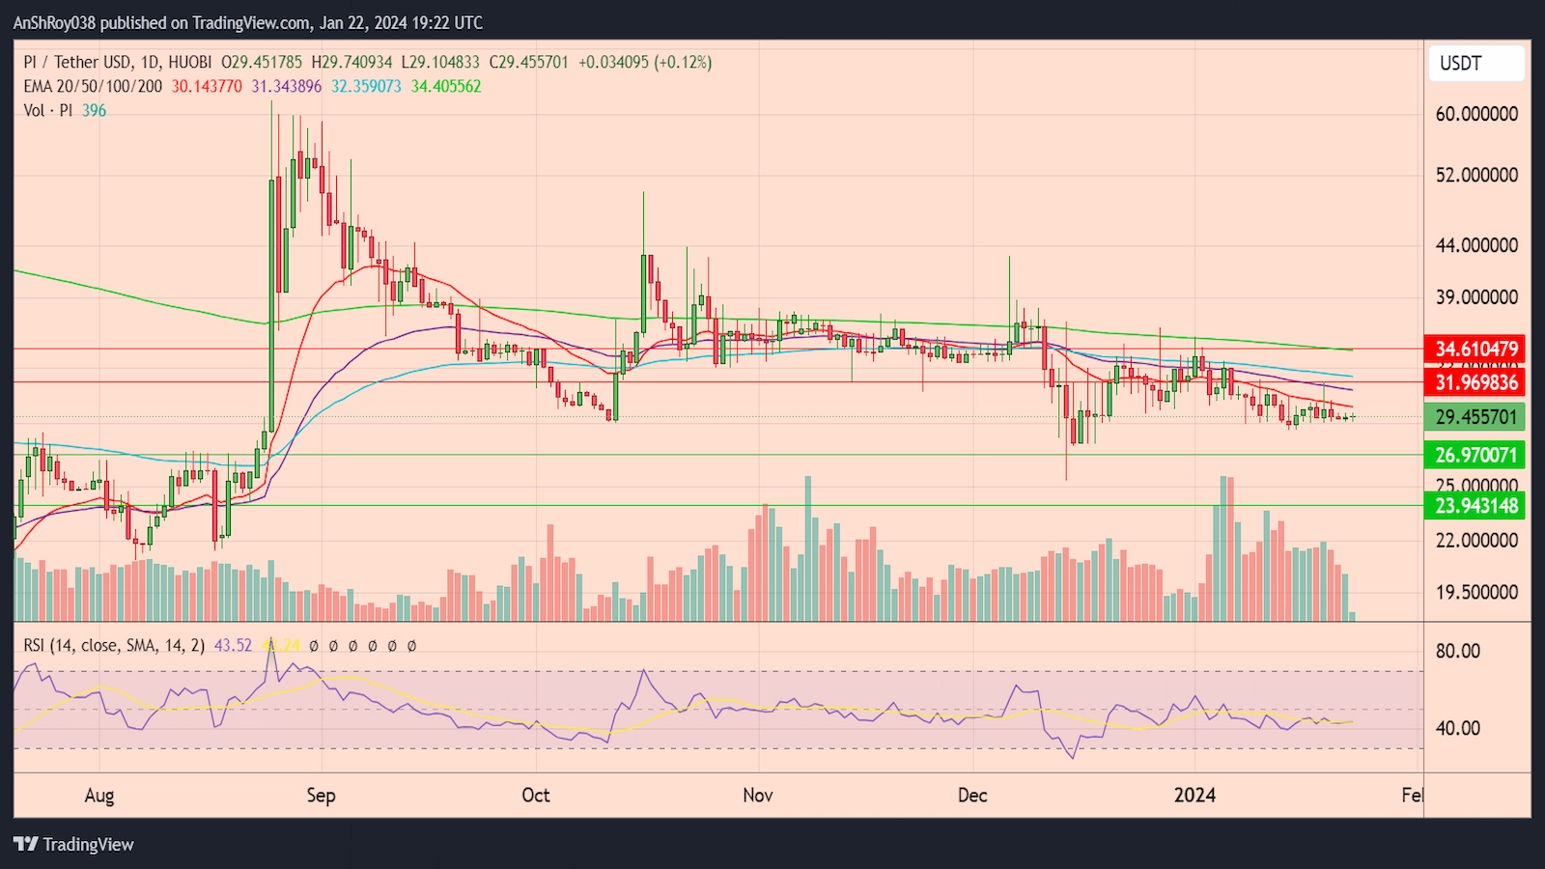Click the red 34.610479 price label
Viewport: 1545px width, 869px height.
click(x=1475, y=349)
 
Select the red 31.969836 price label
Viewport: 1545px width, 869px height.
click(x=1475, y=382)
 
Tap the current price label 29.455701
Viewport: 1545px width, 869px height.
click(x=1475, y=417)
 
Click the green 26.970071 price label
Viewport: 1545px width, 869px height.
click(x=1475, y=455)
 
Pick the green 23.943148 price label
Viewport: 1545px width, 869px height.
click(x=1475, y=506)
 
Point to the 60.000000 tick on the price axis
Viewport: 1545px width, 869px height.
click(x=1476, y=114)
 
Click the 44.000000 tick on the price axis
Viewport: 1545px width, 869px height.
click(x=1476, y=245)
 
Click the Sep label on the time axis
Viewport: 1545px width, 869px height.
click(x=321, y=796)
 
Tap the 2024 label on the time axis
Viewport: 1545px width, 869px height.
click(x=1194, y=796)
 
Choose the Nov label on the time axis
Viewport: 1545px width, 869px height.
click(x=758, y=796)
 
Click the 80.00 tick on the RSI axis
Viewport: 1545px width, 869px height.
click(x=1457, y=651)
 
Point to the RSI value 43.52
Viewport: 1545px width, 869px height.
click(x=233, y=646)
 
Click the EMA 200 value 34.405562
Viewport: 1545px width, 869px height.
click(x=446, y=87)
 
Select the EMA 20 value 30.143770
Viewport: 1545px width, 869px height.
click(x=207, y=87)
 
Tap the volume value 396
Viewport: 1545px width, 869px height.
click(x=95, y=111)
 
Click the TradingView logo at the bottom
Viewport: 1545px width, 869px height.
click(x=74, y=845)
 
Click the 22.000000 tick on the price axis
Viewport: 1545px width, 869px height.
click(x=1476, y=541)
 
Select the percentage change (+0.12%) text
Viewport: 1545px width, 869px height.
click(x=683, y=63)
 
